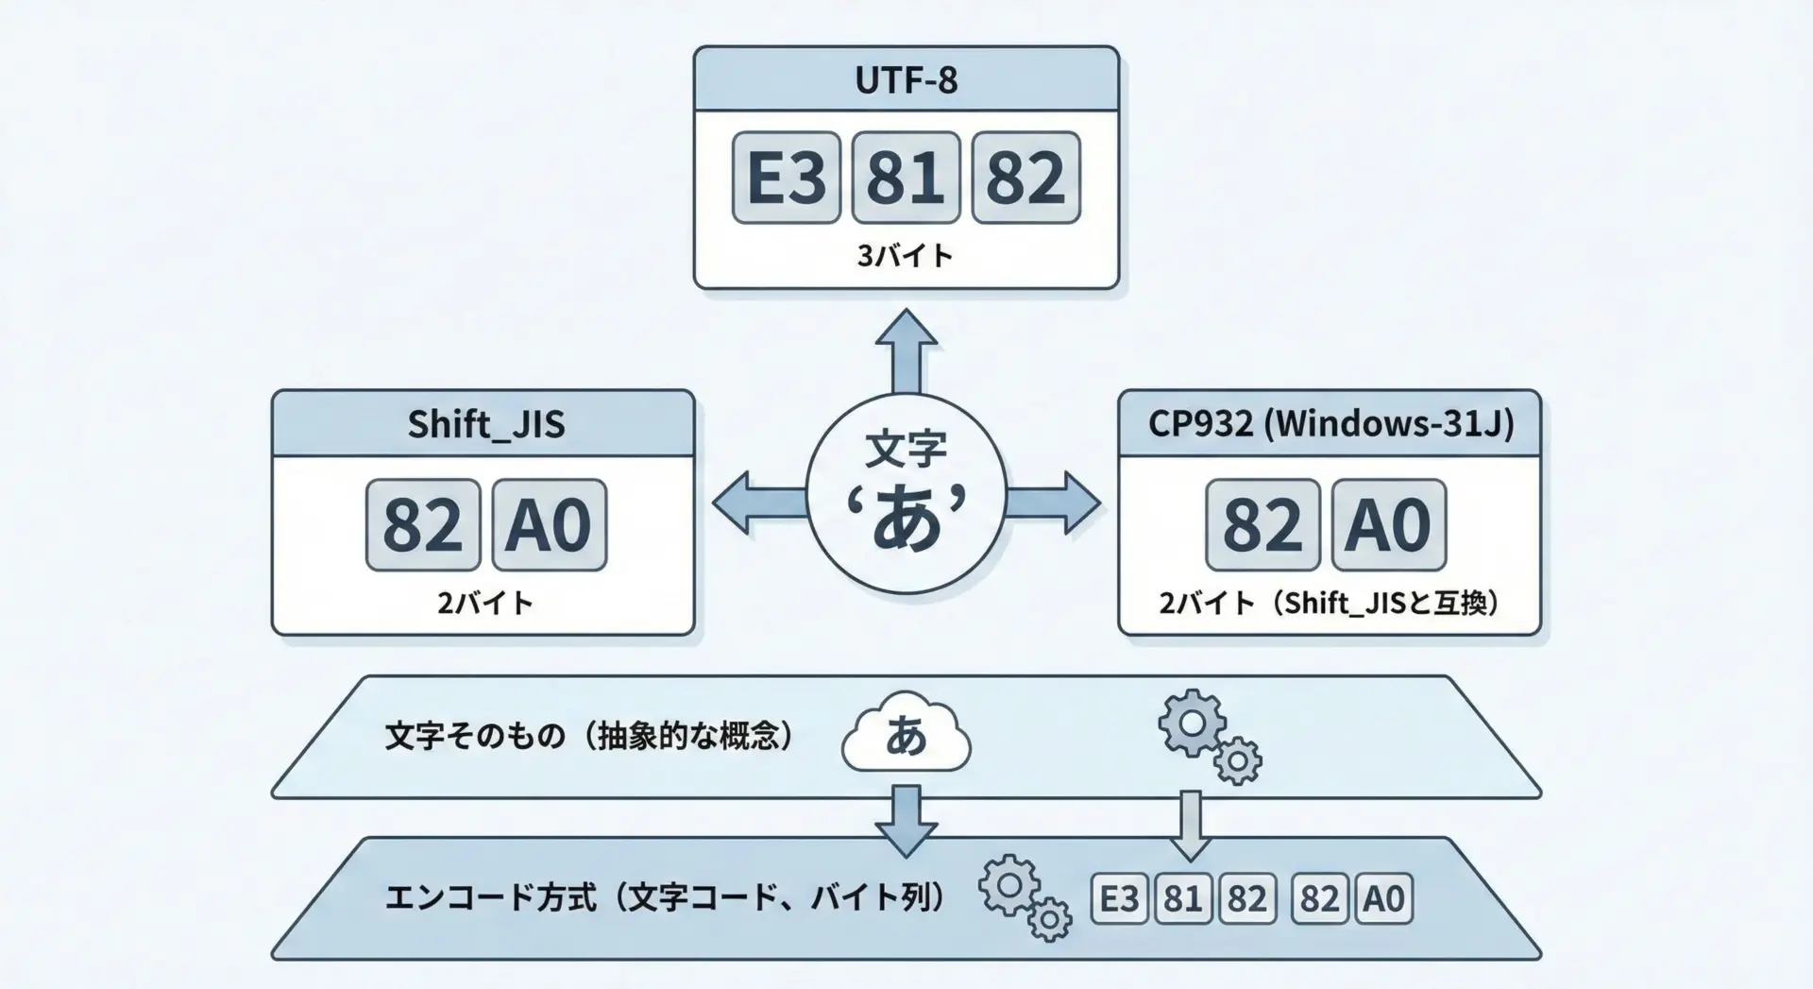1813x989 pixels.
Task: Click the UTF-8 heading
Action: [x=906, y=80]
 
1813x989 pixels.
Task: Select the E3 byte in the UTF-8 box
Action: [x=786, y=178]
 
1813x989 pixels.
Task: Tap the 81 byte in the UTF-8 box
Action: [x=906, y=178]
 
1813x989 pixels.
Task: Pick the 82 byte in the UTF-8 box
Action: [x=1025, y=178]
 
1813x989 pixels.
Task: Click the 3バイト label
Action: [x=906, y=256]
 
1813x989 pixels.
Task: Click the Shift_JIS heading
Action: [x=485, y=424]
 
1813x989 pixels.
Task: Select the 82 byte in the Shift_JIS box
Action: [x=423, y=525]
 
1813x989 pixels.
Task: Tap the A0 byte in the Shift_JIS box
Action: [x=549, y=525]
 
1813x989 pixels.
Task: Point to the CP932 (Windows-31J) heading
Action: [x=1330, y=423]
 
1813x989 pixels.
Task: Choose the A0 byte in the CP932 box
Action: [x=1388, y=525]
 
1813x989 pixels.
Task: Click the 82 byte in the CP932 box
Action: [x=1262, y=525]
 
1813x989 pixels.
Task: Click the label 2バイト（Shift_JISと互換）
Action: [x=1330, y=603]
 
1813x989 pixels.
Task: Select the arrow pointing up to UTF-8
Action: [x=906, y=350]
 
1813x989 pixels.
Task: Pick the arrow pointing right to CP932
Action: [x=1054, y=503]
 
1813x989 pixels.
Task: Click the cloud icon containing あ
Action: [x=906, y=735]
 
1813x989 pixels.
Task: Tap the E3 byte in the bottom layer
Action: [x=1120, y=898]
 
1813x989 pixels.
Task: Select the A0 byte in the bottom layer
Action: [x=1383, y=898]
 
